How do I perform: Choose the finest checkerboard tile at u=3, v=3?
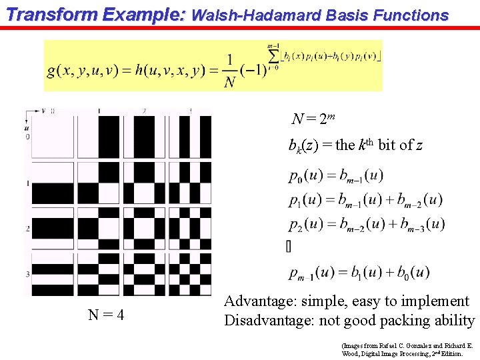[x=190, y=273]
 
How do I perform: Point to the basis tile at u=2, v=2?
[x=144, y=228]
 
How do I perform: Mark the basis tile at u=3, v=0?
[x=53, y=273]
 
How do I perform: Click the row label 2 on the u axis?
[x=27, y=229]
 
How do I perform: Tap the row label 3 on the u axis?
[x=27, y=274]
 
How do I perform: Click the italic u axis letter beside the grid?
[x=26, y=127]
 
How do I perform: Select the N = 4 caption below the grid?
[x=105, y=314]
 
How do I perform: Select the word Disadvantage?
[x=271, y=321]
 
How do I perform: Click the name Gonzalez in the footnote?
[x=405, y=347]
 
